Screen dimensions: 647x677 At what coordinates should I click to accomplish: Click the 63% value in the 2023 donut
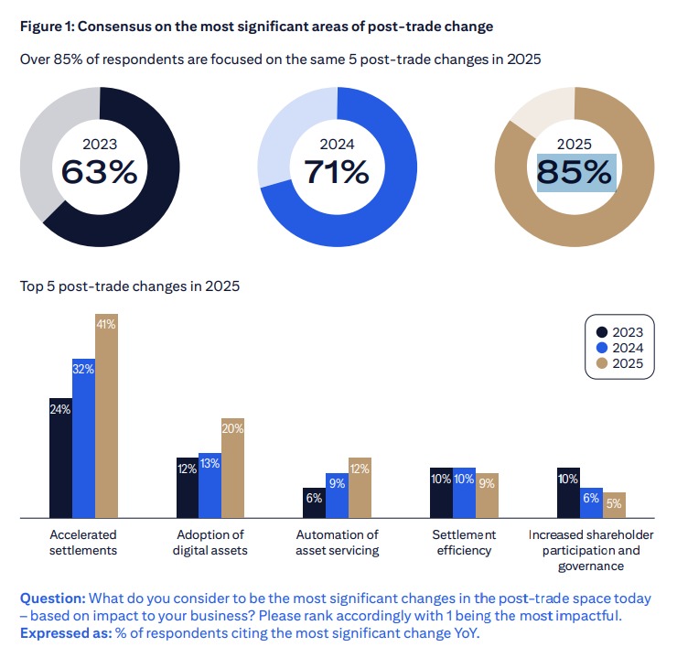99,172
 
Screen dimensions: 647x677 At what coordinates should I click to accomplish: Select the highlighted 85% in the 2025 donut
575,172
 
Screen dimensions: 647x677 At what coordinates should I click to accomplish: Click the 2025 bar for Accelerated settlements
107,416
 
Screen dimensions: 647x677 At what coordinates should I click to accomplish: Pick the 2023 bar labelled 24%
60,458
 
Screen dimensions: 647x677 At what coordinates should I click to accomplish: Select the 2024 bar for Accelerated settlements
84,438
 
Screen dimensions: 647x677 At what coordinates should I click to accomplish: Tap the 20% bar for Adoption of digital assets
233,469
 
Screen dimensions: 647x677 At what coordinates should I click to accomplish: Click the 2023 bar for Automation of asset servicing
314,502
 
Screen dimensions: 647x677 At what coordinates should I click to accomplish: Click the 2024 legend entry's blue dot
601,348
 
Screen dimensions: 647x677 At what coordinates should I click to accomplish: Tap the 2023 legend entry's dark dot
601,332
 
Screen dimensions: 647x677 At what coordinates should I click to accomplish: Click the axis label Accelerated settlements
84,542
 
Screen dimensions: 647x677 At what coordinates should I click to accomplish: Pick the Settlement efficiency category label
464,542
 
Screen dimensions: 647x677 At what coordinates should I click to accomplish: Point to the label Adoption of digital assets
210,542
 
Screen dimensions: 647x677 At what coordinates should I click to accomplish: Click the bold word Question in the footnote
53,598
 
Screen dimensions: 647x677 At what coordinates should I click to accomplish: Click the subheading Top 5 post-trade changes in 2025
130,286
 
